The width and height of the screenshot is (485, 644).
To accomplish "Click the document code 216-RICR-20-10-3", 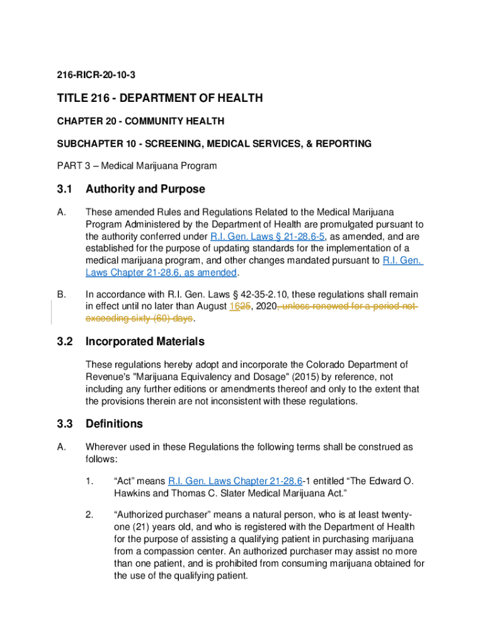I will [95, 75].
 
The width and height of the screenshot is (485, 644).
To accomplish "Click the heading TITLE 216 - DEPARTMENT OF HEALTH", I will [159, 99].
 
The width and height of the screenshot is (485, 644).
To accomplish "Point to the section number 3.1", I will [65, 189].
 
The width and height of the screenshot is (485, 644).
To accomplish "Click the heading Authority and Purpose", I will [145, 189].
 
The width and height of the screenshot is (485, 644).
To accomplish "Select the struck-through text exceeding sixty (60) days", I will [139, 318].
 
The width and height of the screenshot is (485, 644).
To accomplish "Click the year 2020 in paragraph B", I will [263, 306].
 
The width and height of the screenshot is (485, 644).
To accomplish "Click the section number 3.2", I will [65, 341].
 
